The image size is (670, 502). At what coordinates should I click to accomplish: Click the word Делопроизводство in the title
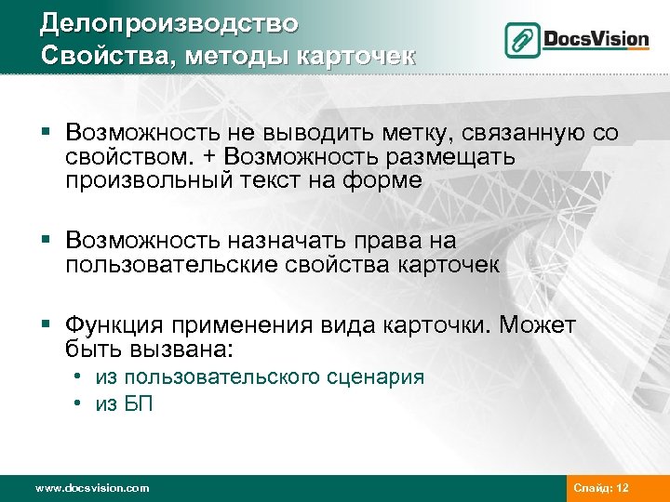coord(169,21)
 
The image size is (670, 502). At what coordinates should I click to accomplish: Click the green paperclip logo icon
coord(523,40)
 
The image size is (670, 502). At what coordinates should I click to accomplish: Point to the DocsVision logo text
coord(596,39)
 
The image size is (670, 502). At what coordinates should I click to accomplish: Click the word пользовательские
coord(172,265)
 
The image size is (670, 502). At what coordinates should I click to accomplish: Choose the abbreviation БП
coord(139,403)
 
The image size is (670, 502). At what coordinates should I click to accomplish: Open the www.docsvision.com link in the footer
coord(91,487)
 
